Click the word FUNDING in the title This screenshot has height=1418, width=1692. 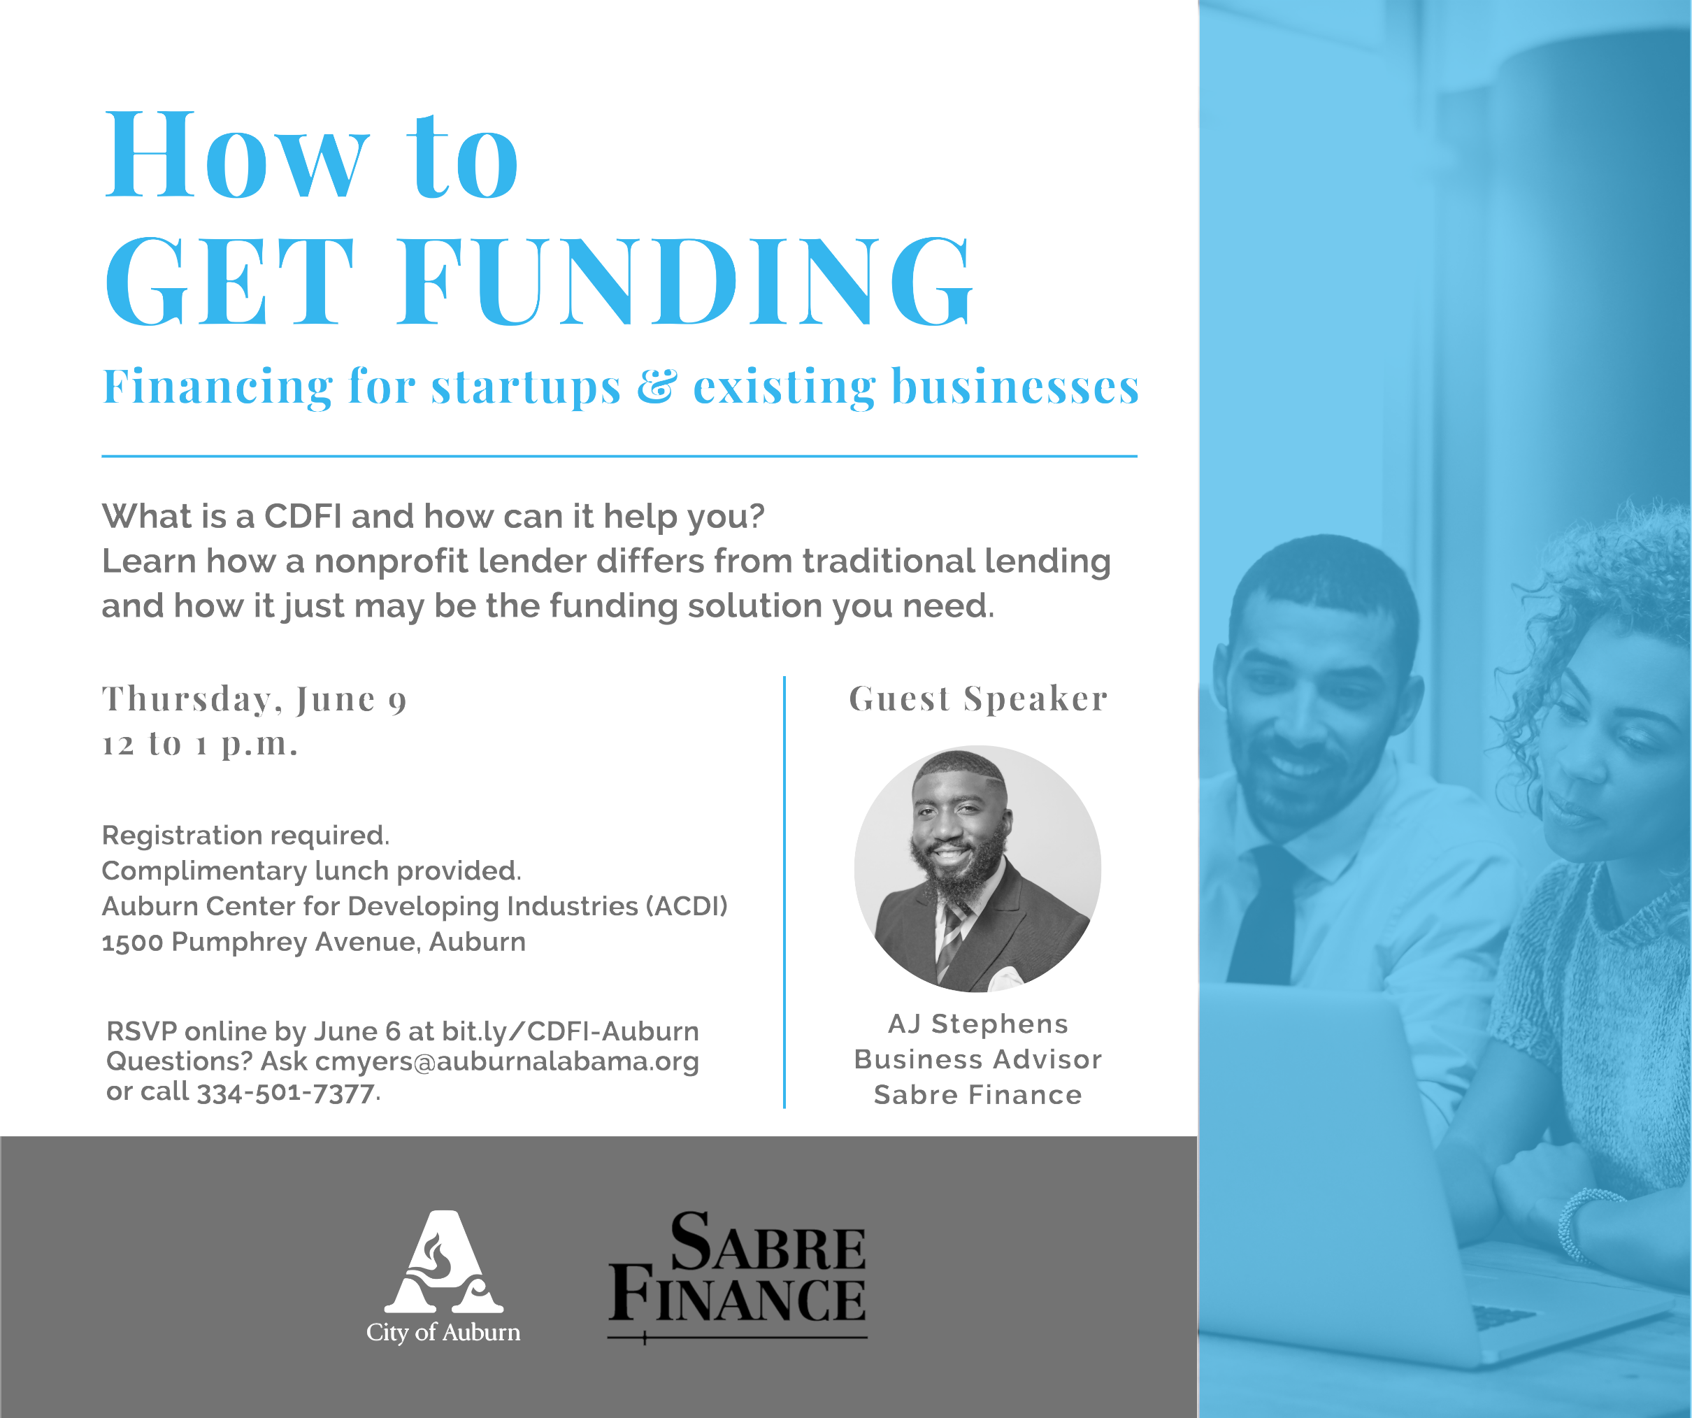pos(685,281)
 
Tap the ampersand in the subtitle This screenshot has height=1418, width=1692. pos(657,386)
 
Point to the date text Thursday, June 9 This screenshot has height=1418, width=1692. pos(254,700)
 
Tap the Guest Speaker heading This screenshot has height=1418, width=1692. pos(978,699)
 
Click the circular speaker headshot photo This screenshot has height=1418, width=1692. pos(977,868)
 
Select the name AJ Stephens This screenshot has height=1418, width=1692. pos(978,1024)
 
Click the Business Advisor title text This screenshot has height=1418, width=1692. pos(978,1059)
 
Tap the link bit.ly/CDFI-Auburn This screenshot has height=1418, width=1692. pos(571,1031)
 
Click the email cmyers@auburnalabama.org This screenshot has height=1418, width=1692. pos(507,1062)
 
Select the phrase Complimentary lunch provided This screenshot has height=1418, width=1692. pos(311,871)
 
